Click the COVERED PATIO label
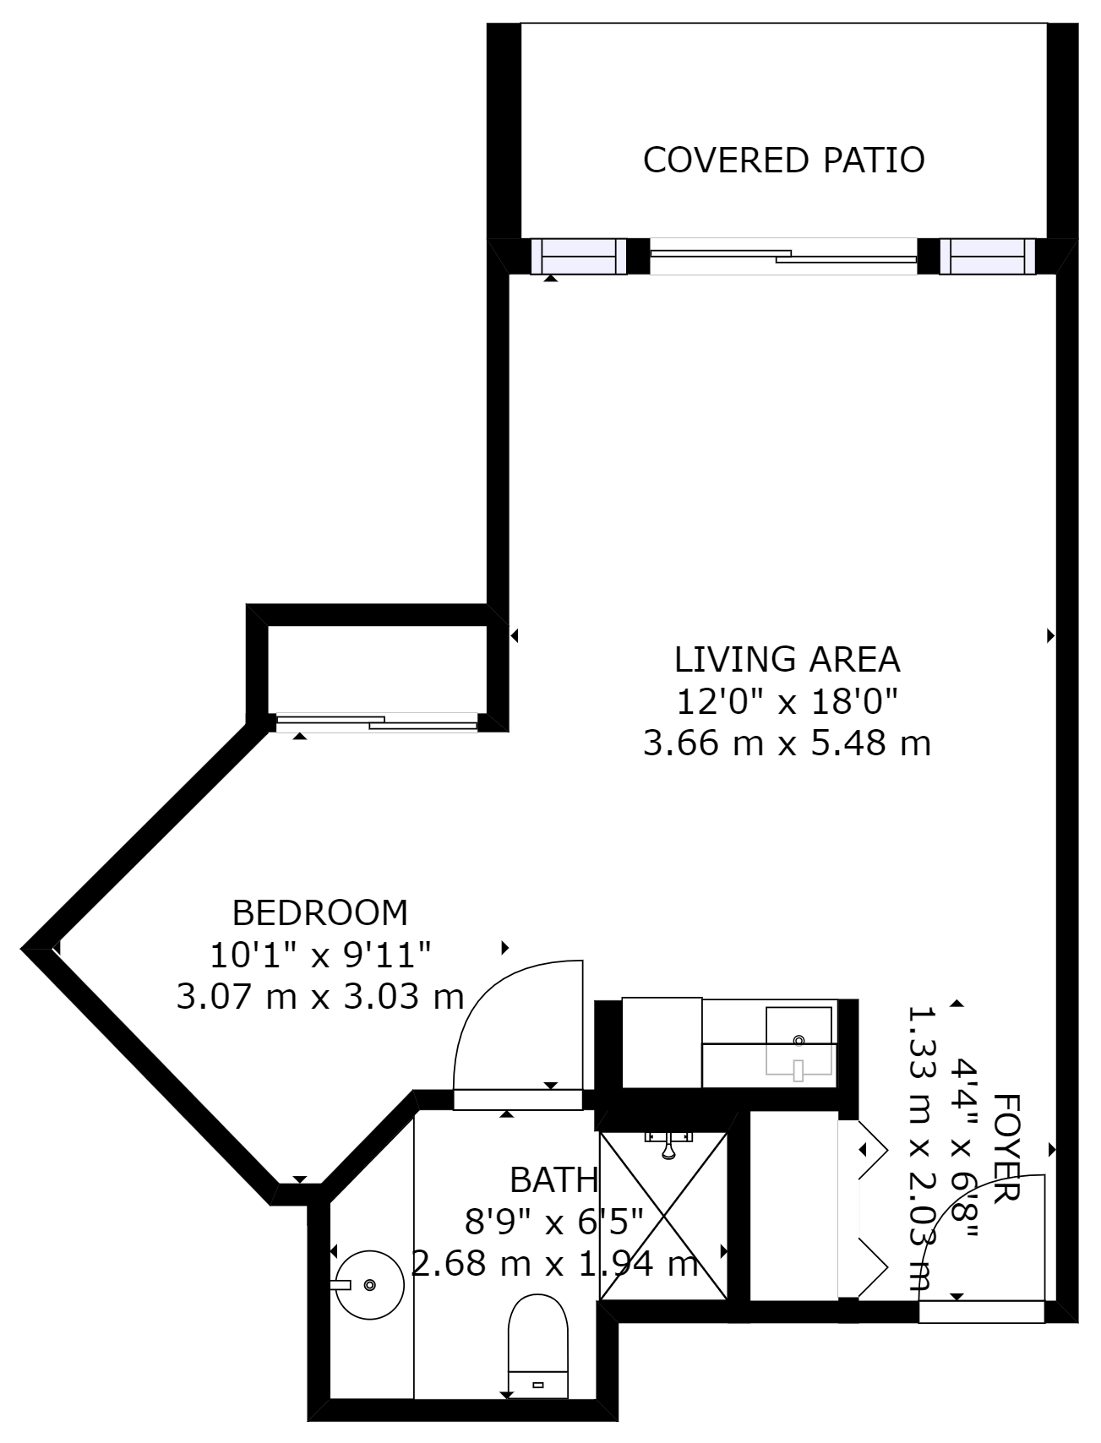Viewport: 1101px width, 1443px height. [783, 160]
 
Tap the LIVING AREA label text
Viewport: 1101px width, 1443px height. [787, 658]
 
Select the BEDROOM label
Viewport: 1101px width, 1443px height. [319, 912]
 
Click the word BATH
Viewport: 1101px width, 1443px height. [553, 1180]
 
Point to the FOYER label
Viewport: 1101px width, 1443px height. [1006, 1146]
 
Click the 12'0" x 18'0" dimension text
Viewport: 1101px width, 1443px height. [787, 700]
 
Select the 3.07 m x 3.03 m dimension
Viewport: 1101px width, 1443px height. [320, 996]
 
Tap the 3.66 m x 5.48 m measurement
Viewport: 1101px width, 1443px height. [787, 743]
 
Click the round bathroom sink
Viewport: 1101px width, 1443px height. [369, 1284]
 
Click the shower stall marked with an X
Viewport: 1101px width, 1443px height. [663, 1216]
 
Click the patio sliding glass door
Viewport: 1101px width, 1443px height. [783, 256]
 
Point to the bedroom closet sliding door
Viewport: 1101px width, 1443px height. [377, 722]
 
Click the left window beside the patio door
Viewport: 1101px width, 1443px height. [579, 256]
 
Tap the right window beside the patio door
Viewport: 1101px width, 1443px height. [987, 256]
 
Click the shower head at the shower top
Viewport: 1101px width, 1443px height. [668, 1145]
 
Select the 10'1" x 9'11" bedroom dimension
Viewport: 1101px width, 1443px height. [320, 955]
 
